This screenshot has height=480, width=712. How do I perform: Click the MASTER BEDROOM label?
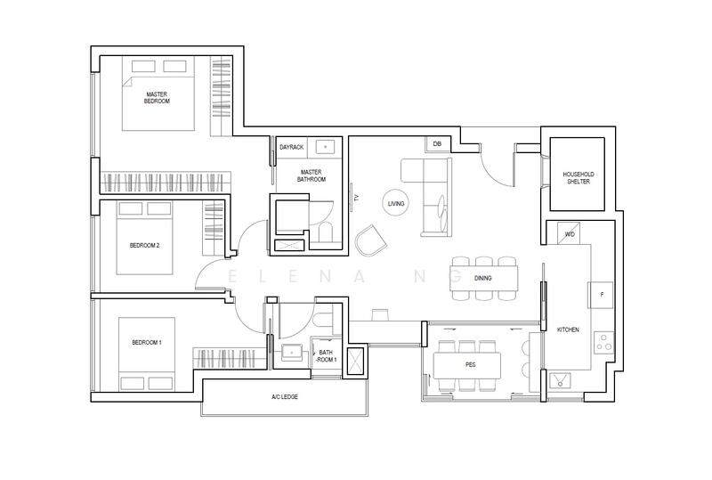pyautogui.click(x=157, y=98)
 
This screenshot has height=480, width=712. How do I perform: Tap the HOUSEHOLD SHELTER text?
pyautogui.click(x=578, y=178)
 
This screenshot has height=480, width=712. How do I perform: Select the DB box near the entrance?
pyautogui.click(x=437, y=144)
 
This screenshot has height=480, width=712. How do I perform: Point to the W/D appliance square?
pyautogui.click(x=570, y=233)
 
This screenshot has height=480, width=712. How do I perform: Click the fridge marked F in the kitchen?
pyautogui.click(x=602, y=295)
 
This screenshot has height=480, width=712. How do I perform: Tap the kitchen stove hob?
pyautogui.click(x=604, y=342)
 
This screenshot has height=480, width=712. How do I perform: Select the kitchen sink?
pyautogui.click(x=560, y=380)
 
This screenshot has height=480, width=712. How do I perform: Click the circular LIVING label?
pyautogui.click(x=396, y=203)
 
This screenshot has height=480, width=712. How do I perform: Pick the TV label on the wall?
pyautogui.click(x=357, y=198)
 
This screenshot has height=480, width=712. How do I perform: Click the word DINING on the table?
pyautogui.click(x=482, y=278)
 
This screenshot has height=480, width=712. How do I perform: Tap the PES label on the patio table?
pyautogui.click(x=471, y=364)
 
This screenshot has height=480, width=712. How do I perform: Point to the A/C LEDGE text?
pyautogui.click(x=285, y=397)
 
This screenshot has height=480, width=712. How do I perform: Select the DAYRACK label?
pyautogui.click(x=292, y=147)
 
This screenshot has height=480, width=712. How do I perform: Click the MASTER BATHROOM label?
pyautogui.click(x=311, y=175)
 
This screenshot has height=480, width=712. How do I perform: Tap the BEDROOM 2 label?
pyautogui.click(x=144, y=246)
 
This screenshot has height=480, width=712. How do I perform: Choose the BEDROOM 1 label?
pyautogui.click(x=147, y=342)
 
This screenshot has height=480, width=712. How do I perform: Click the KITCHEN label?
pyautogui.click(x=568, y=329)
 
